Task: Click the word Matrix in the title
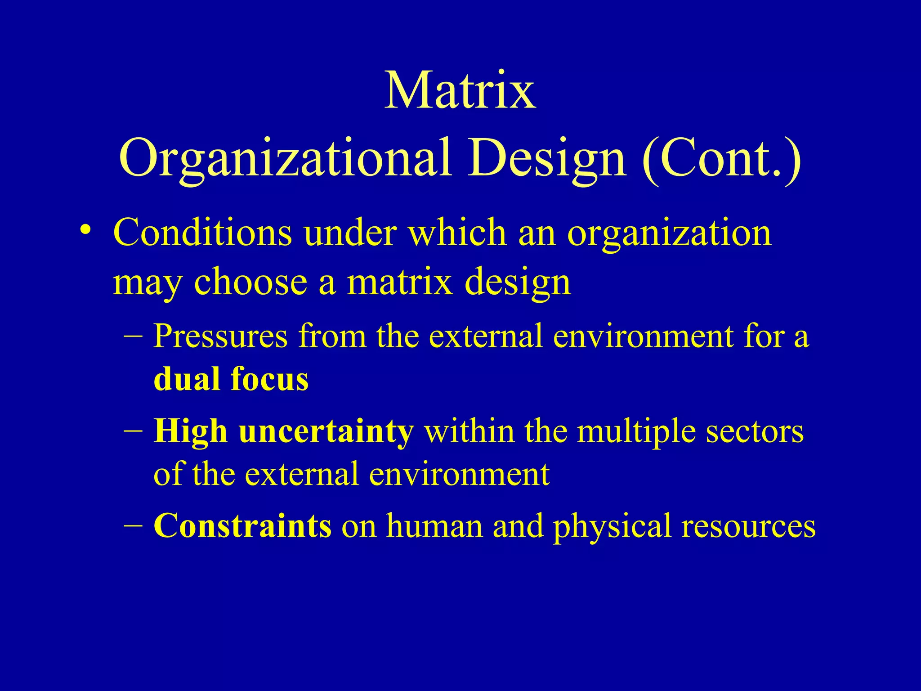[460, 91]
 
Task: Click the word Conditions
[202, 233]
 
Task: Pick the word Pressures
[220, 336]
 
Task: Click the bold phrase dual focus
[231, 379]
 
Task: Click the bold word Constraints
[242, 525]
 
